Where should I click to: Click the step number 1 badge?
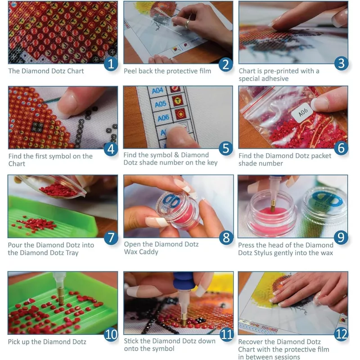pyautogui.click(x=111, y=63)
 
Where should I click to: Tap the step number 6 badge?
pyautogui.click(x=341, y=148)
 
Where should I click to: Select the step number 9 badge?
pyautogui.click(x=341, y=237)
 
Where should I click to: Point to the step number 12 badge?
pyautogui.click(x=341, y=334)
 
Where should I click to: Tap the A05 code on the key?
pyautogui.click(x=161, y=104)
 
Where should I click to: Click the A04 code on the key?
pyautogui.click(x=157, y=90)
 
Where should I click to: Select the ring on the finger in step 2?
pyautogui.click(x=188, y=23)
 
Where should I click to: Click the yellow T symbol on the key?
pyautogui.click(x=178, y=100)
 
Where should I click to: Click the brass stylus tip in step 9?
pyautogui.click(x=273, y=206)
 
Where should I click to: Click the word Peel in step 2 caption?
pyautogui.click(x=130, y=71)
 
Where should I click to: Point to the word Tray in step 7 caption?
pyautogui.click(x=72, y=253)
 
